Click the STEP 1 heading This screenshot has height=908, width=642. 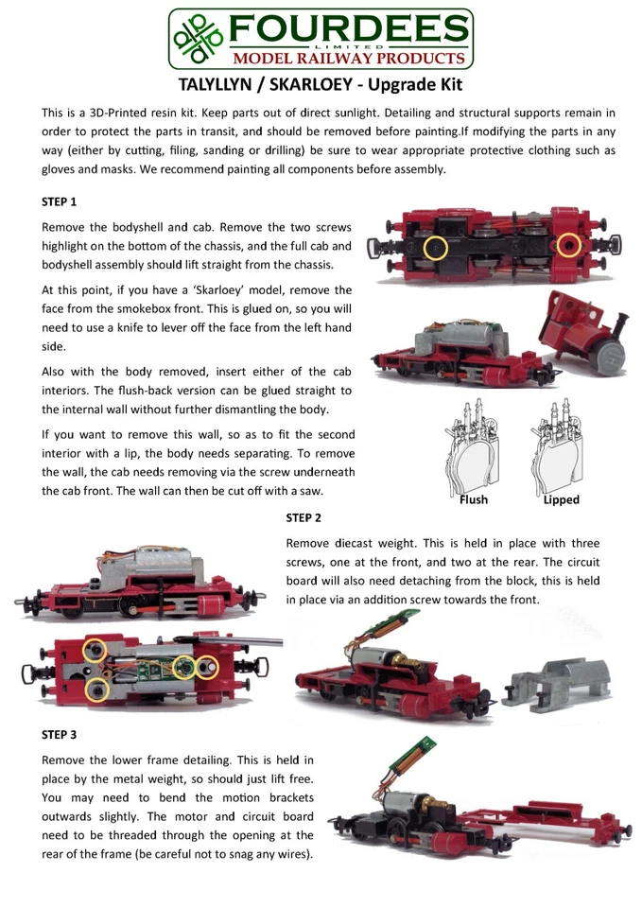click(59, 202)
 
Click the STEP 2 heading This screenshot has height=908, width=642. click(304, 518)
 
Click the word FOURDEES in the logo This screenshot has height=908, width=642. click(345, 27)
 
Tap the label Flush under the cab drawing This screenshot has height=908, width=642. click(473, 499)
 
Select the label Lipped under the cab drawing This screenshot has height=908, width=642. click(561, 499)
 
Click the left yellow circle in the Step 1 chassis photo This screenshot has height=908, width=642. click(434, 248)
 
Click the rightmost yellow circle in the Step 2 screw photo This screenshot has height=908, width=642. click(207, 669)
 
